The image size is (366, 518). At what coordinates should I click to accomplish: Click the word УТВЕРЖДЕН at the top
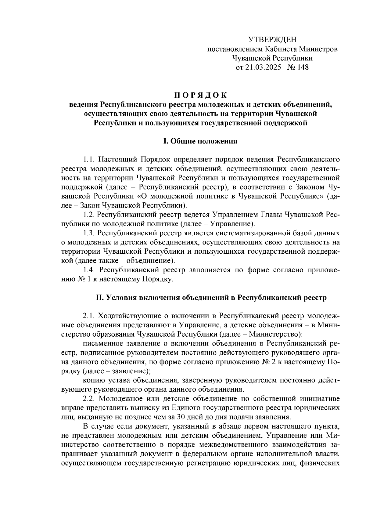click(x=272, y=40)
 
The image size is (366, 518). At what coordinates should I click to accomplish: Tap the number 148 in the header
click(x=302, y=67)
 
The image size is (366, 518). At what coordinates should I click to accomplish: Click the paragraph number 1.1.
click(x=88, y=159)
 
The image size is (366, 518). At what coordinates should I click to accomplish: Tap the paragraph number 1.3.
click(x=88, y=233)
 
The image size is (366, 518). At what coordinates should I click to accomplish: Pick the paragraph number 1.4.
click(x=88, y=270)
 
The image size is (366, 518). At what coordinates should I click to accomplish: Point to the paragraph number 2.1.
click(x=88, y=316)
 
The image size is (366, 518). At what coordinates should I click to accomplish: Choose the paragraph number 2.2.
click(x=88, y=399)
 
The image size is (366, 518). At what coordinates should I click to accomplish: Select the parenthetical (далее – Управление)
click(x=217, y=224)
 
